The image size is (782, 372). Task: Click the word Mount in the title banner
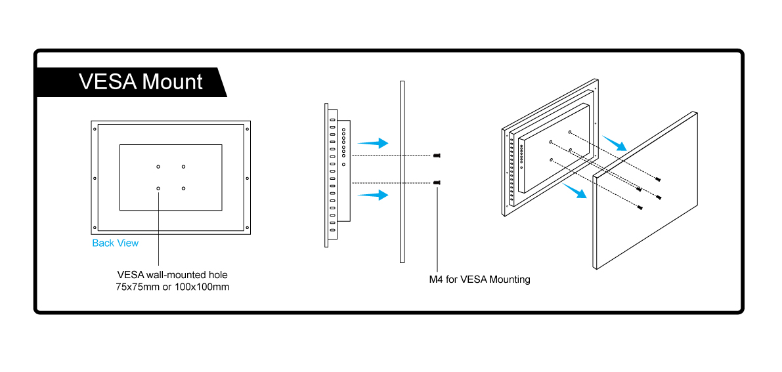[173, 82]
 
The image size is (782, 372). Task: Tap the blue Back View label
[116, 243]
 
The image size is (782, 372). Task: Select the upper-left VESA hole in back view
[158, 166]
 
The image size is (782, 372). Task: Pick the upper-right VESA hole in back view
[184, 166]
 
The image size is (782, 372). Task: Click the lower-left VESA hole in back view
[158, 189]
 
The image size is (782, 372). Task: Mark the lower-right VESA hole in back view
[184, 189]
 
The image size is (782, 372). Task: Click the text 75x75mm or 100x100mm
[173, 287]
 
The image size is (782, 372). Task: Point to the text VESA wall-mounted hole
[173, 274]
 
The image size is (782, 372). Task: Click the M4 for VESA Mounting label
[479, 279]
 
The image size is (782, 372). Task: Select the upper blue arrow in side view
[373, 142]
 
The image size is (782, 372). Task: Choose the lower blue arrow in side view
[373, 194]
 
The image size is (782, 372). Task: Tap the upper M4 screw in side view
[437, 155]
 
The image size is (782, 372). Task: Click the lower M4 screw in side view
[437, 182]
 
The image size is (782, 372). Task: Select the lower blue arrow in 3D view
[573, 190]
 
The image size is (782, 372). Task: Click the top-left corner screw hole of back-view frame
[96, 128]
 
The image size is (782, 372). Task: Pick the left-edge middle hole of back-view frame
[96, 178]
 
